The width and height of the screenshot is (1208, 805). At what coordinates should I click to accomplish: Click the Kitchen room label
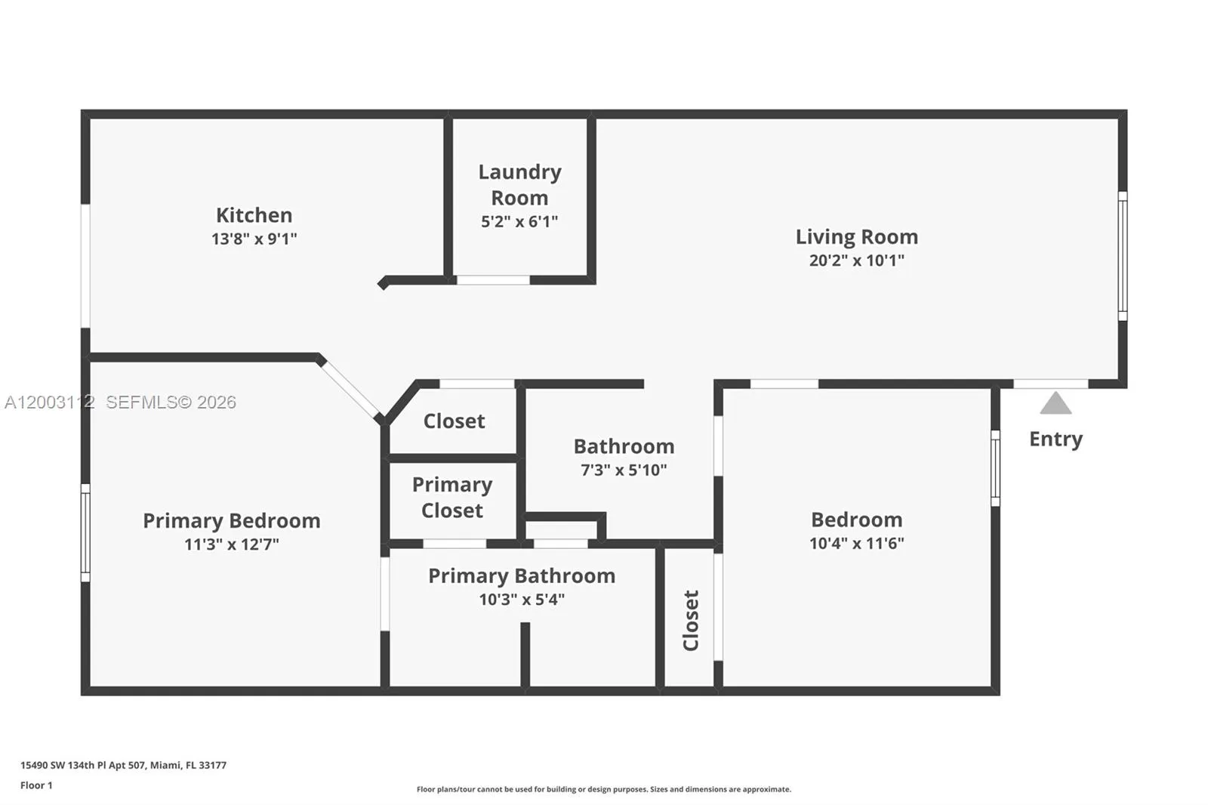[x=254, y=215]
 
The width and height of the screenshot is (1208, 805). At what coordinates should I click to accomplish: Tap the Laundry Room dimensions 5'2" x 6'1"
[x=519, y=222]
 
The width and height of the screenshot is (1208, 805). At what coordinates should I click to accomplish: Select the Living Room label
[x=856, y=237]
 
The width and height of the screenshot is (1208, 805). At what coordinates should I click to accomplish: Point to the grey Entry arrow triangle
[x=1055, y=404]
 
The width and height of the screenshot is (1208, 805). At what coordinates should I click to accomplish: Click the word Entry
[x=1055, y=439]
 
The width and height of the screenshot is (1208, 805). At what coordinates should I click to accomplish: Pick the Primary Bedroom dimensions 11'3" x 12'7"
[x=231, y=544]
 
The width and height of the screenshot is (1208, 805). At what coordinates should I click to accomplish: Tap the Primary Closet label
[x=451, y=498]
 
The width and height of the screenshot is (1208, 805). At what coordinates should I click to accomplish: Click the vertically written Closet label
[x=691, y=620]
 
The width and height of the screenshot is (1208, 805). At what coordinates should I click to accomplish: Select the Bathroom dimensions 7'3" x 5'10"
[x=623, y=470]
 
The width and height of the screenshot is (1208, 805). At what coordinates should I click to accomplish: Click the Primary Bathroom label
[x=521, y=576]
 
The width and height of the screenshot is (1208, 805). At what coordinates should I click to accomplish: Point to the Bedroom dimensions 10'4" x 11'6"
[x=856, y=544]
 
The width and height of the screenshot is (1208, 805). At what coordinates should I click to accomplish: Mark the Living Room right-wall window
[x=1122, y=255]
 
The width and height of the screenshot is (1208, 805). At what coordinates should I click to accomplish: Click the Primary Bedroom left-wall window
[x=85, y=532]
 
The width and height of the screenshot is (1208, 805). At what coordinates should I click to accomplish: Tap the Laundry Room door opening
[x=493, y=280]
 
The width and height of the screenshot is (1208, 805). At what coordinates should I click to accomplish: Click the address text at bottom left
[x=123, y=765]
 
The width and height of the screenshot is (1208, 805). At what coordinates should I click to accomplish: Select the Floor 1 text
[x=36, y=785]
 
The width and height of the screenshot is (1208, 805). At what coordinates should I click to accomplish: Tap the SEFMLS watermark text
[x=171, y=402]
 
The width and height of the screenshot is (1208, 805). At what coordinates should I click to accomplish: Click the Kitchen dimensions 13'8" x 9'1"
[x=254, y=239]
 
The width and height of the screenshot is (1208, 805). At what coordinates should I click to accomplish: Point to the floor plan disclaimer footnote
[x=603, y=789]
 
